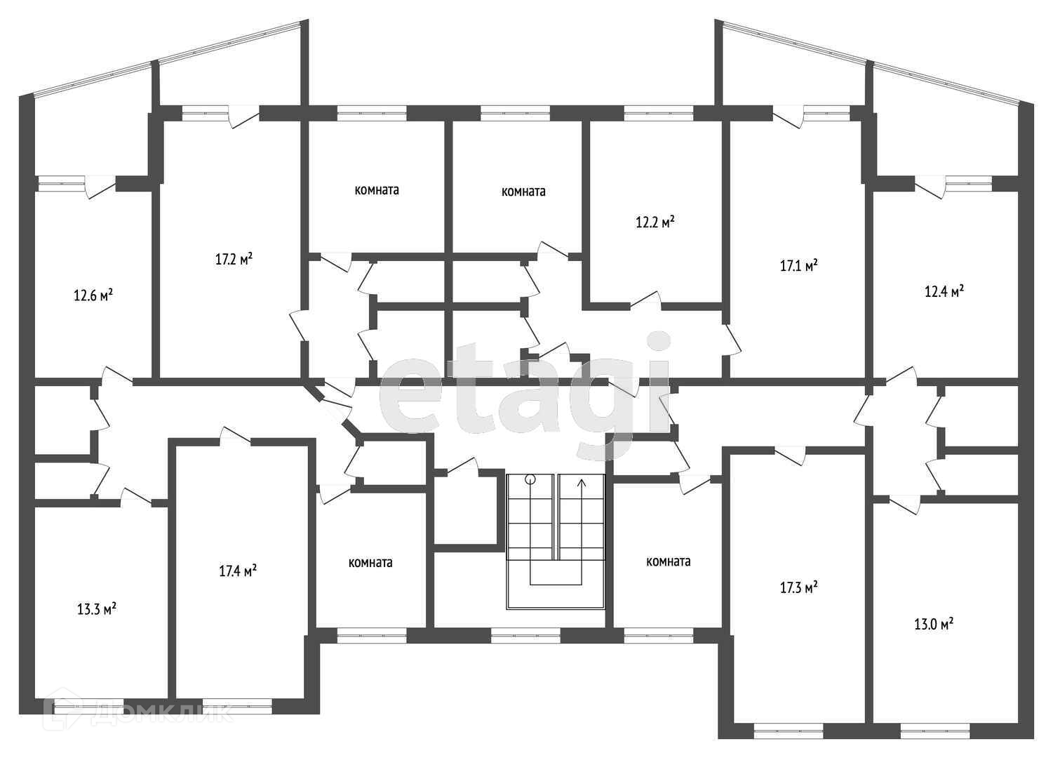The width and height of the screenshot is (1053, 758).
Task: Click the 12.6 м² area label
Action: (x=93, y=295)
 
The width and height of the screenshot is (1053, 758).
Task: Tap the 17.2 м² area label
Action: (x=234, y=259)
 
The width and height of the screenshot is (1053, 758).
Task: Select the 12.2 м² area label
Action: (x=655, y=222)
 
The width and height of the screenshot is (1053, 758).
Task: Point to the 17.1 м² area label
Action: (x=799, y=266)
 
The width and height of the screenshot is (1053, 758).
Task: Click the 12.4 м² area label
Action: (x=944, y=291)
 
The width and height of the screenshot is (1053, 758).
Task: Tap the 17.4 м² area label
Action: (x=237, y=571)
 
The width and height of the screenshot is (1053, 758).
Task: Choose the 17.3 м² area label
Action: (x=799, y=587)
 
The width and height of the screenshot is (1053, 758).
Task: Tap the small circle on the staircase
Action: (x=530, y=480)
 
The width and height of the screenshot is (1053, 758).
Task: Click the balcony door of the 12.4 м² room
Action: (x=930, y=187)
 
